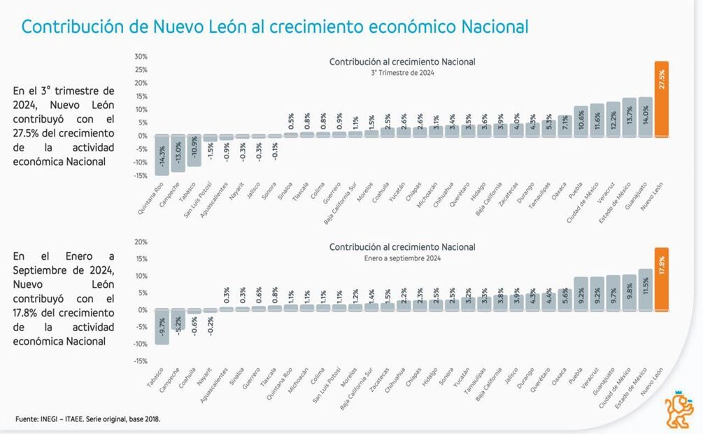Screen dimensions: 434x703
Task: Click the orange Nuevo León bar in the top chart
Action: (x=660, y=101)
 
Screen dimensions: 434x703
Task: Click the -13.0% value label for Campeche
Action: (x=178, y=153)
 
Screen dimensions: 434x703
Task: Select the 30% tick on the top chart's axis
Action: (x=140, y=56)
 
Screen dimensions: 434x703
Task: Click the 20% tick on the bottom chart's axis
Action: (x=140, y=242)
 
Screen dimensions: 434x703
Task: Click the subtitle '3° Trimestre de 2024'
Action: (x=402, y=72)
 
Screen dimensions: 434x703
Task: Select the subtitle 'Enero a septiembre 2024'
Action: (x=402, y=258)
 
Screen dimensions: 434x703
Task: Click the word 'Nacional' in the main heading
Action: (x=495, y=27)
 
